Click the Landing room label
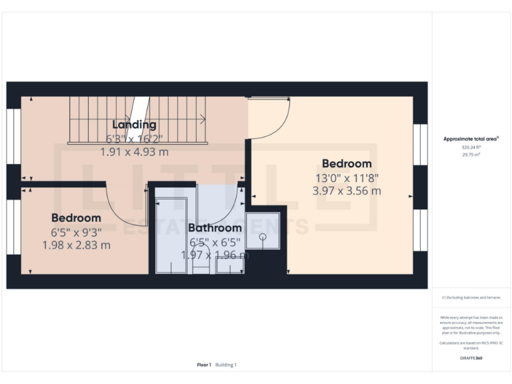click(x=134, y=125)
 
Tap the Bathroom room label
click(x=215, y=228)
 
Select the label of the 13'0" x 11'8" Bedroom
click(x=346, y=163)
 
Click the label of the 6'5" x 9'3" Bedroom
click(x=76, y=218)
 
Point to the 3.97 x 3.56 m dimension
click(x=347, y=191)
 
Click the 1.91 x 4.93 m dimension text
click(x=134, y=152)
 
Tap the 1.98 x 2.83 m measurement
click(x=76, y=245)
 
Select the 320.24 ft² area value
click(x=471, y=147)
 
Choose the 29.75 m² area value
click(x=471, y=154)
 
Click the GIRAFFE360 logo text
click(x=471, y=358)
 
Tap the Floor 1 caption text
click(x=204, y=365)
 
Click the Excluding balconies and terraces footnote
click(x=471, y=297)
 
